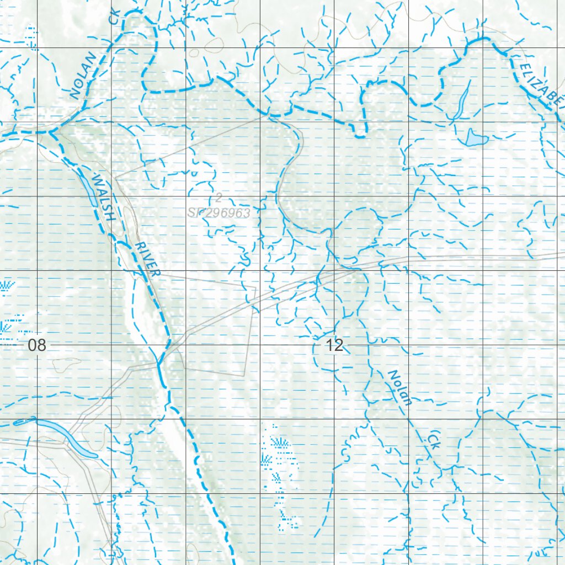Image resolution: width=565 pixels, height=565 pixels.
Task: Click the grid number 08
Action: pos(38,346)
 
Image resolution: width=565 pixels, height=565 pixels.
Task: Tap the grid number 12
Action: pos(334,346)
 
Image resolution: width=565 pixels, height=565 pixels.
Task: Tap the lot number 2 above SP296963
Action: pos(219,198)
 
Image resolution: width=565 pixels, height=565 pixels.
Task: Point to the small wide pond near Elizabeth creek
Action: pos(476,137)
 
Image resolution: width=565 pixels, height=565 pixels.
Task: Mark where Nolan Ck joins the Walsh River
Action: pos(51,131)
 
